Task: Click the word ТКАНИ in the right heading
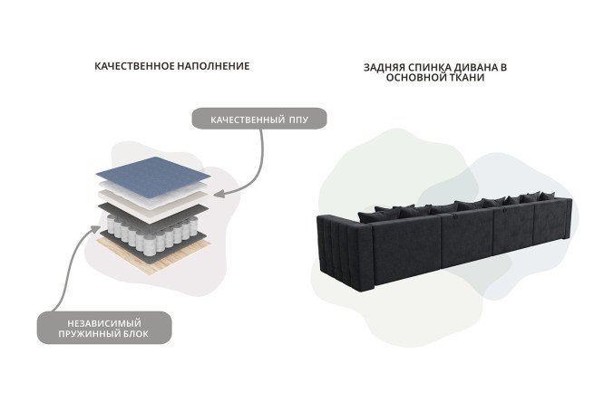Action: pyautogui.click(x=468, y=77)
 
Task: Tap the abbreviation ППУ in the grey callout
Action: pyautogui.click(x=298, y=120)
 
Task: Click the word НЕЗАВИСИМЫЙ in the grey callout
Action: pyautogui.click(x=104, y=323)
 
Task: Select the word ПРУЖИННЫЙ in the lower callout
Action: pyautogui.click(x=89, y=333)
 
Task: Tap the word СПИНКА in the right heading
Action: pyautogui.click(x=429, y=68)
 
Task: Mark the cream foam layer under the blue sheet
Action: pyautogui.click(x=154, y=198)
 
